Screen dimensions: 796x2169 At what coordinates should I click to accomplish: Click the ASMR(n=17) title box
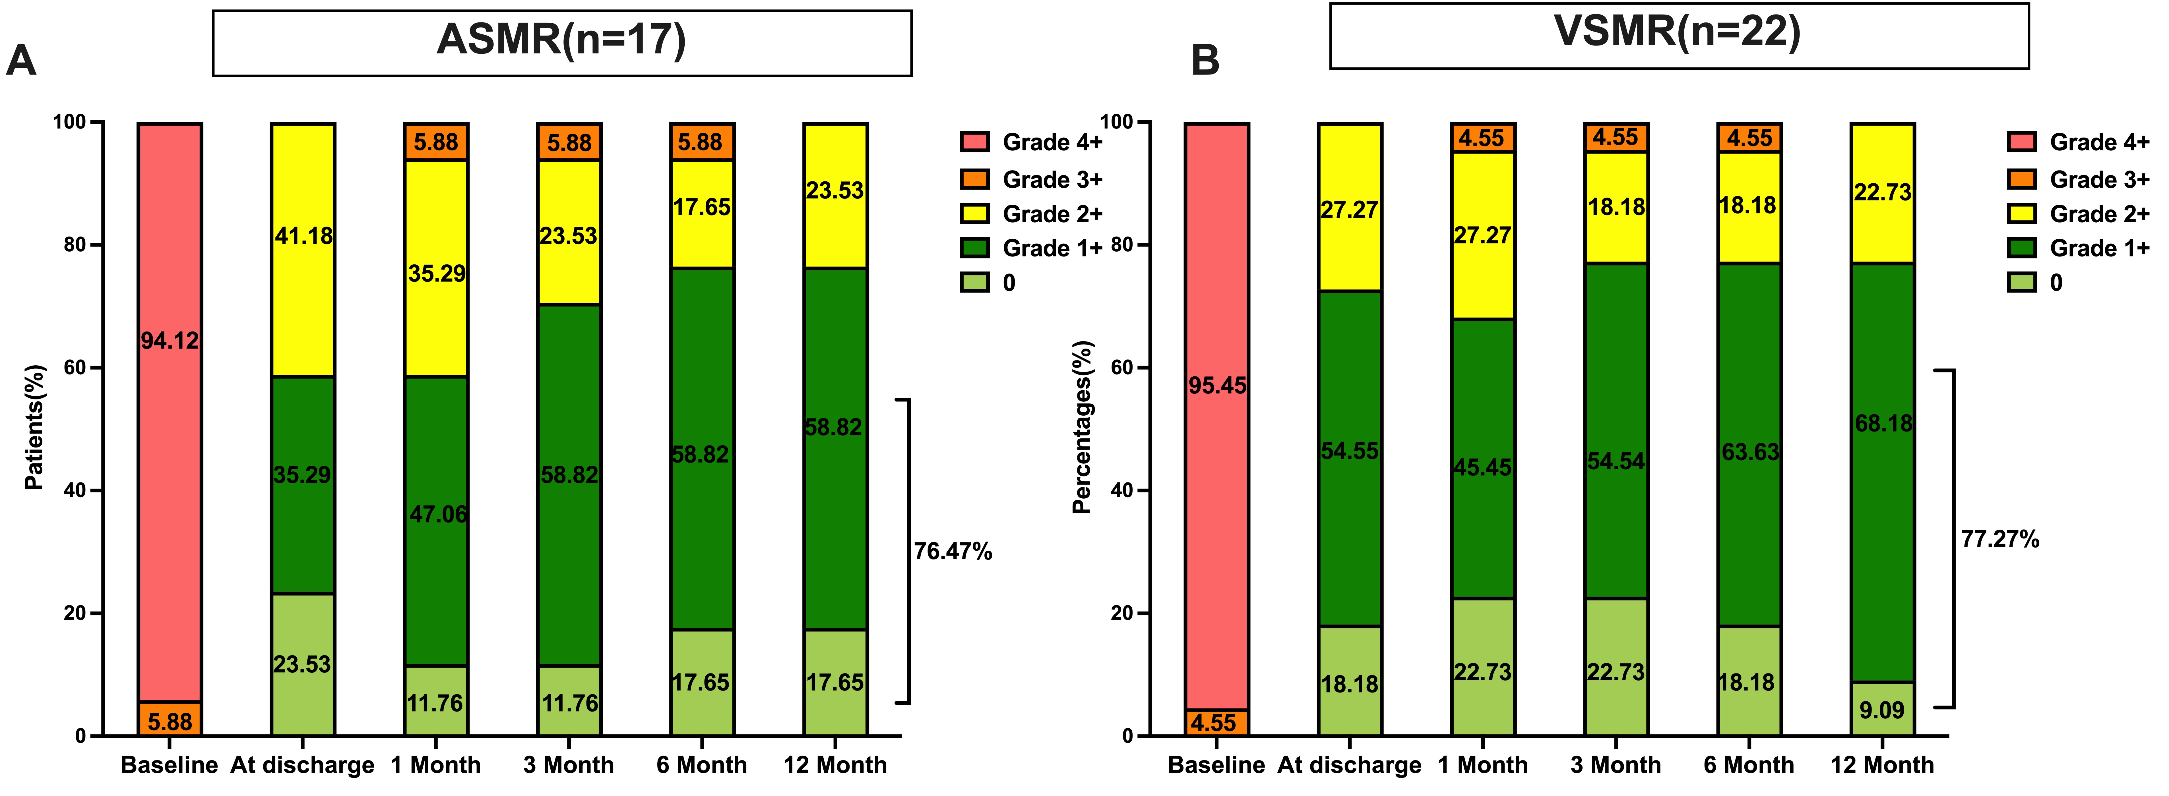(562, 43)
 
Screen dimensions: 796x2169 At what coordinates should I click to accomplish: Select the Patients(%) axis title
(34, 428)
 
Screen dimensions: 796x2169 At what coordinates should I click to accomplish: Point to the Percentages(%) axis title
(1082, 428)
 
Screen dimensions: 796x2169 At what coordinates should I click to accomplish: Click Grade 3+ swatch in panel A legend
(974, 179)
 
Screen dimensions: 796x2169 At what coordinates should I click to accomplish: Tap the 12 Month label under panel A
(834, 765)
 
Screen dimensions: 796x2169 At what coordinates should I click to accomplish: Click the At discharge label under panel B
(1349, 765)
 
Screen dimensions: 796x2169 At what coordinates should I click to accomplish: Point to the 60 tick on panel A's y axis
(76, 368)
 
